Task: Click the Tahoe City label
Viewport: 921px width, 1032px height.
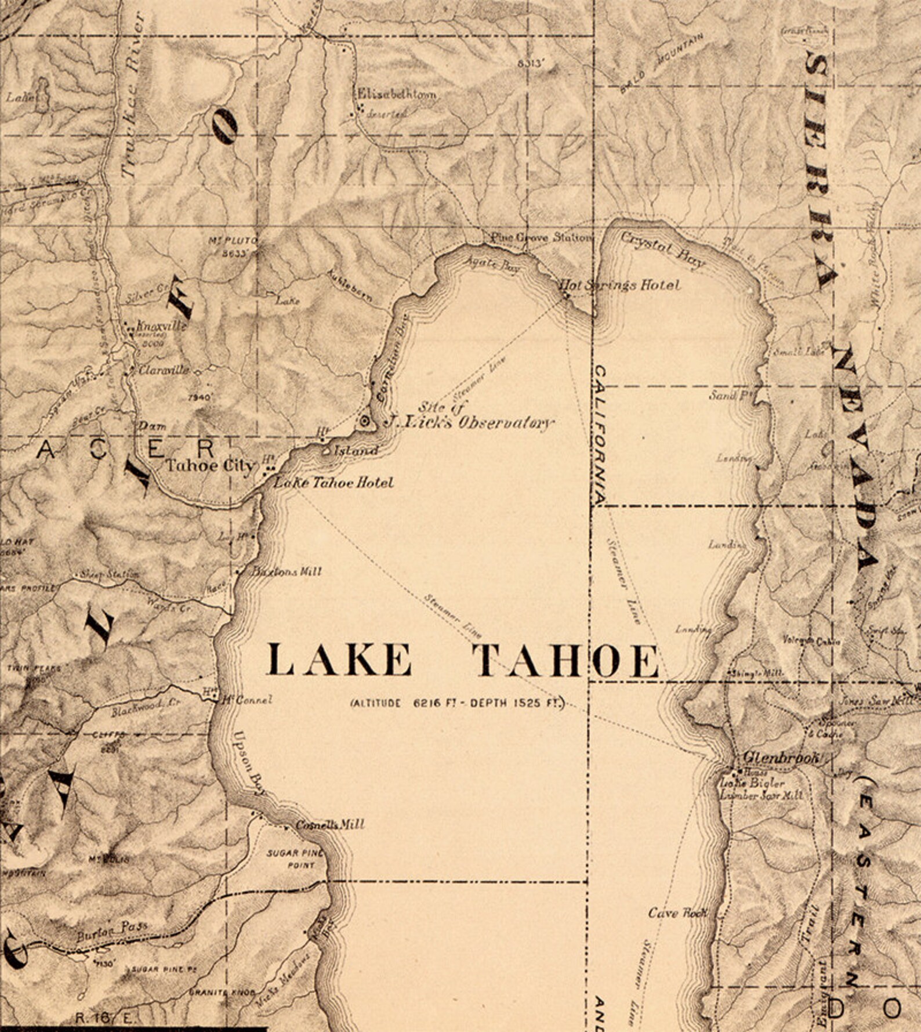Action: coord(211,465)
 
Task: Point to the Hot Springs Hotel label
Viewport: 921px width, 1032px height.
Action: coord(619,285)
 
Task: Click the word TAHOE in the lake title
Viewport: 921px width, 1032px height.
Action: coord(565,661)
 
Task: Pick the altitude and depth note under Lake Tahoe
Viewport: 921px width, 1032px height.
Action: coord(457,703)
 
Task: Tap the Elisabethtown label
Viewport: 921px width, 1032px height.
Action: coord(397,94)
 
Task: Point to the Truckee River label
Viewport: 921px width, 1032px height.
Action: coord(132,96)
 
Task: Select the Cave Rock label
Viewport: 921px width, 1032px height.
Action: coord(678,913)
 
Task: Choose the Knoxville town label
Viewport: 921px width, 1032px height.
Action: coord(161,326)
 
